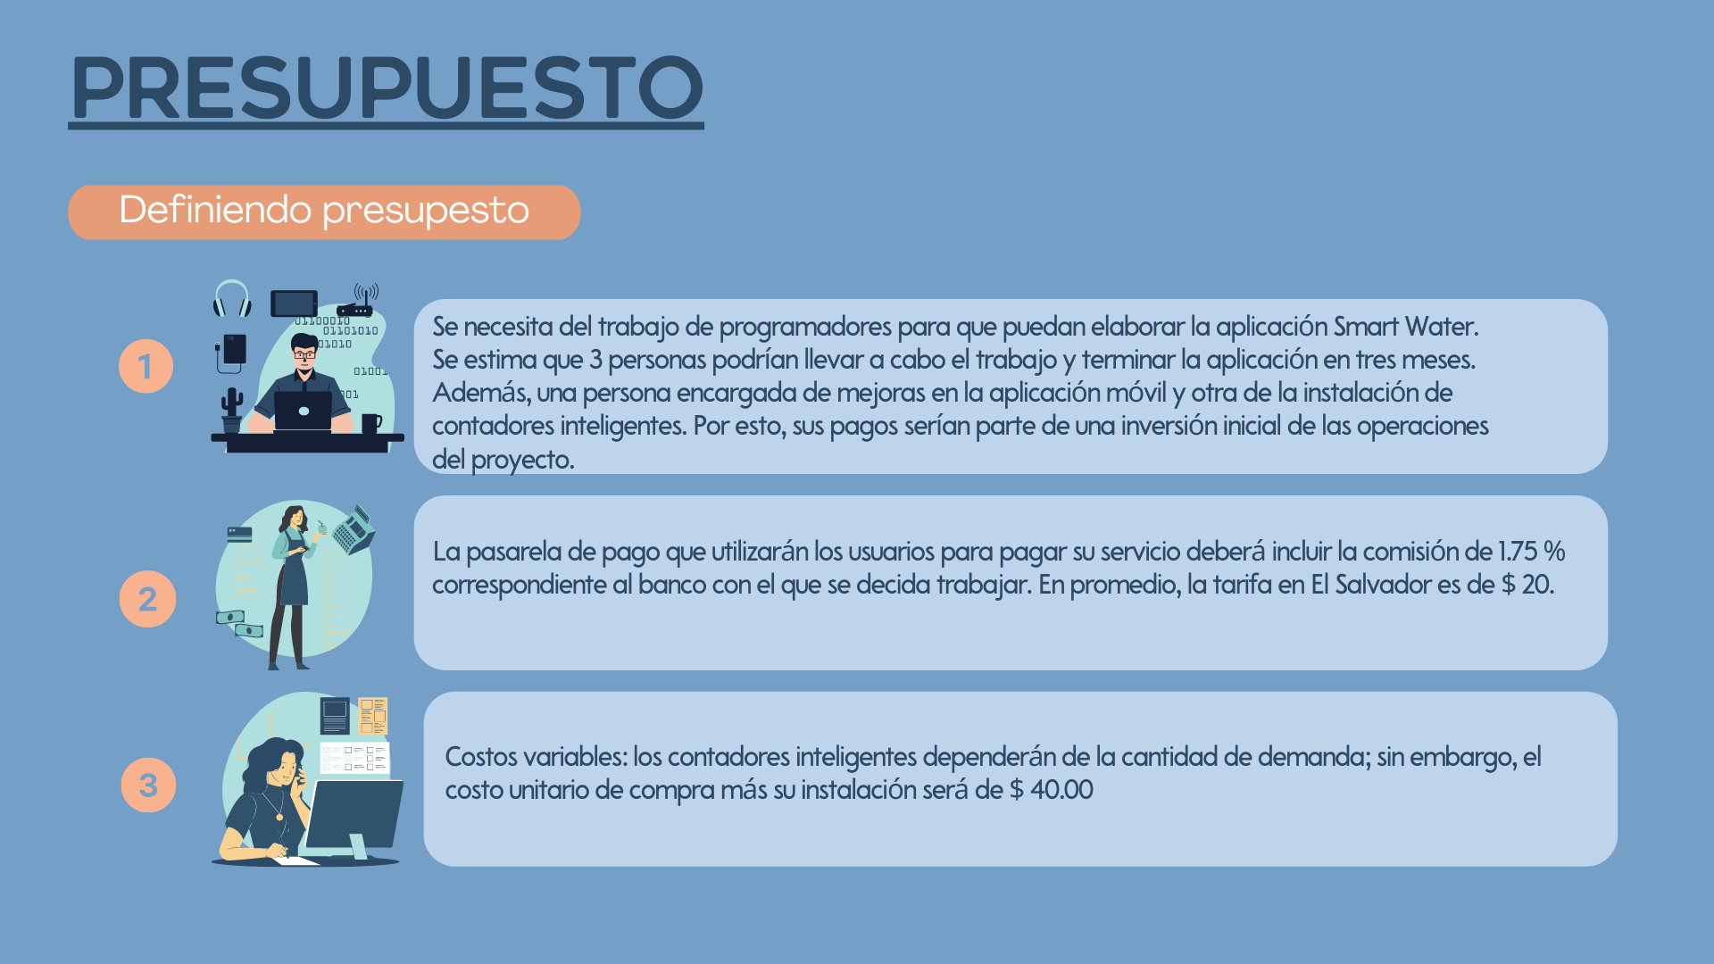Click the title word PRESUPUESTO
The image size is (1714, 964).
tap(387, 87)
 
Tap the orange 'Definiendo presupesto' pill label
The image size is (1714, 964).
tap(324, 212)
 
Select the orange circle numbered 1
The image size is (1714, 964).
tap(146, 366)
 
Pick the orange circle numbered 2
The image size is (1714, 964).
tap(147, 599)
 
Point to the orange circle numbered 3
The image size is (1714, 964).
tap(148, 785)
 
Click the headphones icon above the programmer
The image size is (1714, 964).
tap(232, 299)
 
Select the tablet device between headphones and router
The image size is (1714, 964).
tap(294, 303)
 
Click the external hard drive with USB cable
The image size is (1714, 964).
tap(231, 353)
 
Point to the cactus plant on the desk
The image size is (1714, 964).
tap(232, 410)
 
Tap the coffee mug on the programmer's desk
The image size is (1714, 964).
tap(371, 423)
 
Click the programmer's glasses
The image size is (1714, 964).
tap(304, 354)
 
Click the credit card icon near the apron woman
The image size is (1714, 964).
tap(239, 535)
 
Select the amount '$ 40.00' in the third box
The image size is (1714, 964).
tap(1052, 790)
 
